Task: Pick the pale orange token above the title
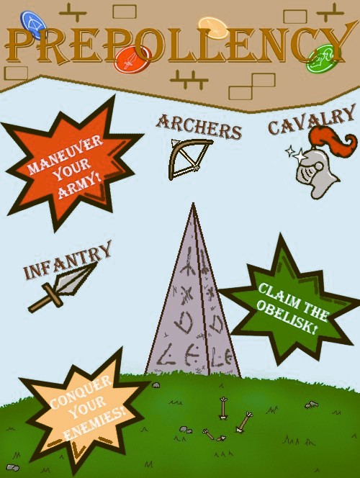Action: pyautogui.click(x=213, y=27)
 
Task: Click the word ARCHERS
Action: pyautogui.click(x=199, y=126)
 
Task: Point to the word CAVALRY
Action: pyautogui.click(x=312, y=119)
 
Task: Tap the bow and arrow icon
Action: pyautogui.click(x=189, y=159)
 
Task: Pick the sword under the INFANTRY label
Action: pyautogui.click(x=62, y=288)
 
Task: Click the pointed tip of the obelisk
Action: pyautogui.click(x=193, y=204)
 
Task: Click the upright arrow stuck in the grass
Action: pyautogui.click(x=223, y=408)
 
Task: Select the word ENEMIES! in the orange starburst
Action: pyautogui.click(x=95, y=428)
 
